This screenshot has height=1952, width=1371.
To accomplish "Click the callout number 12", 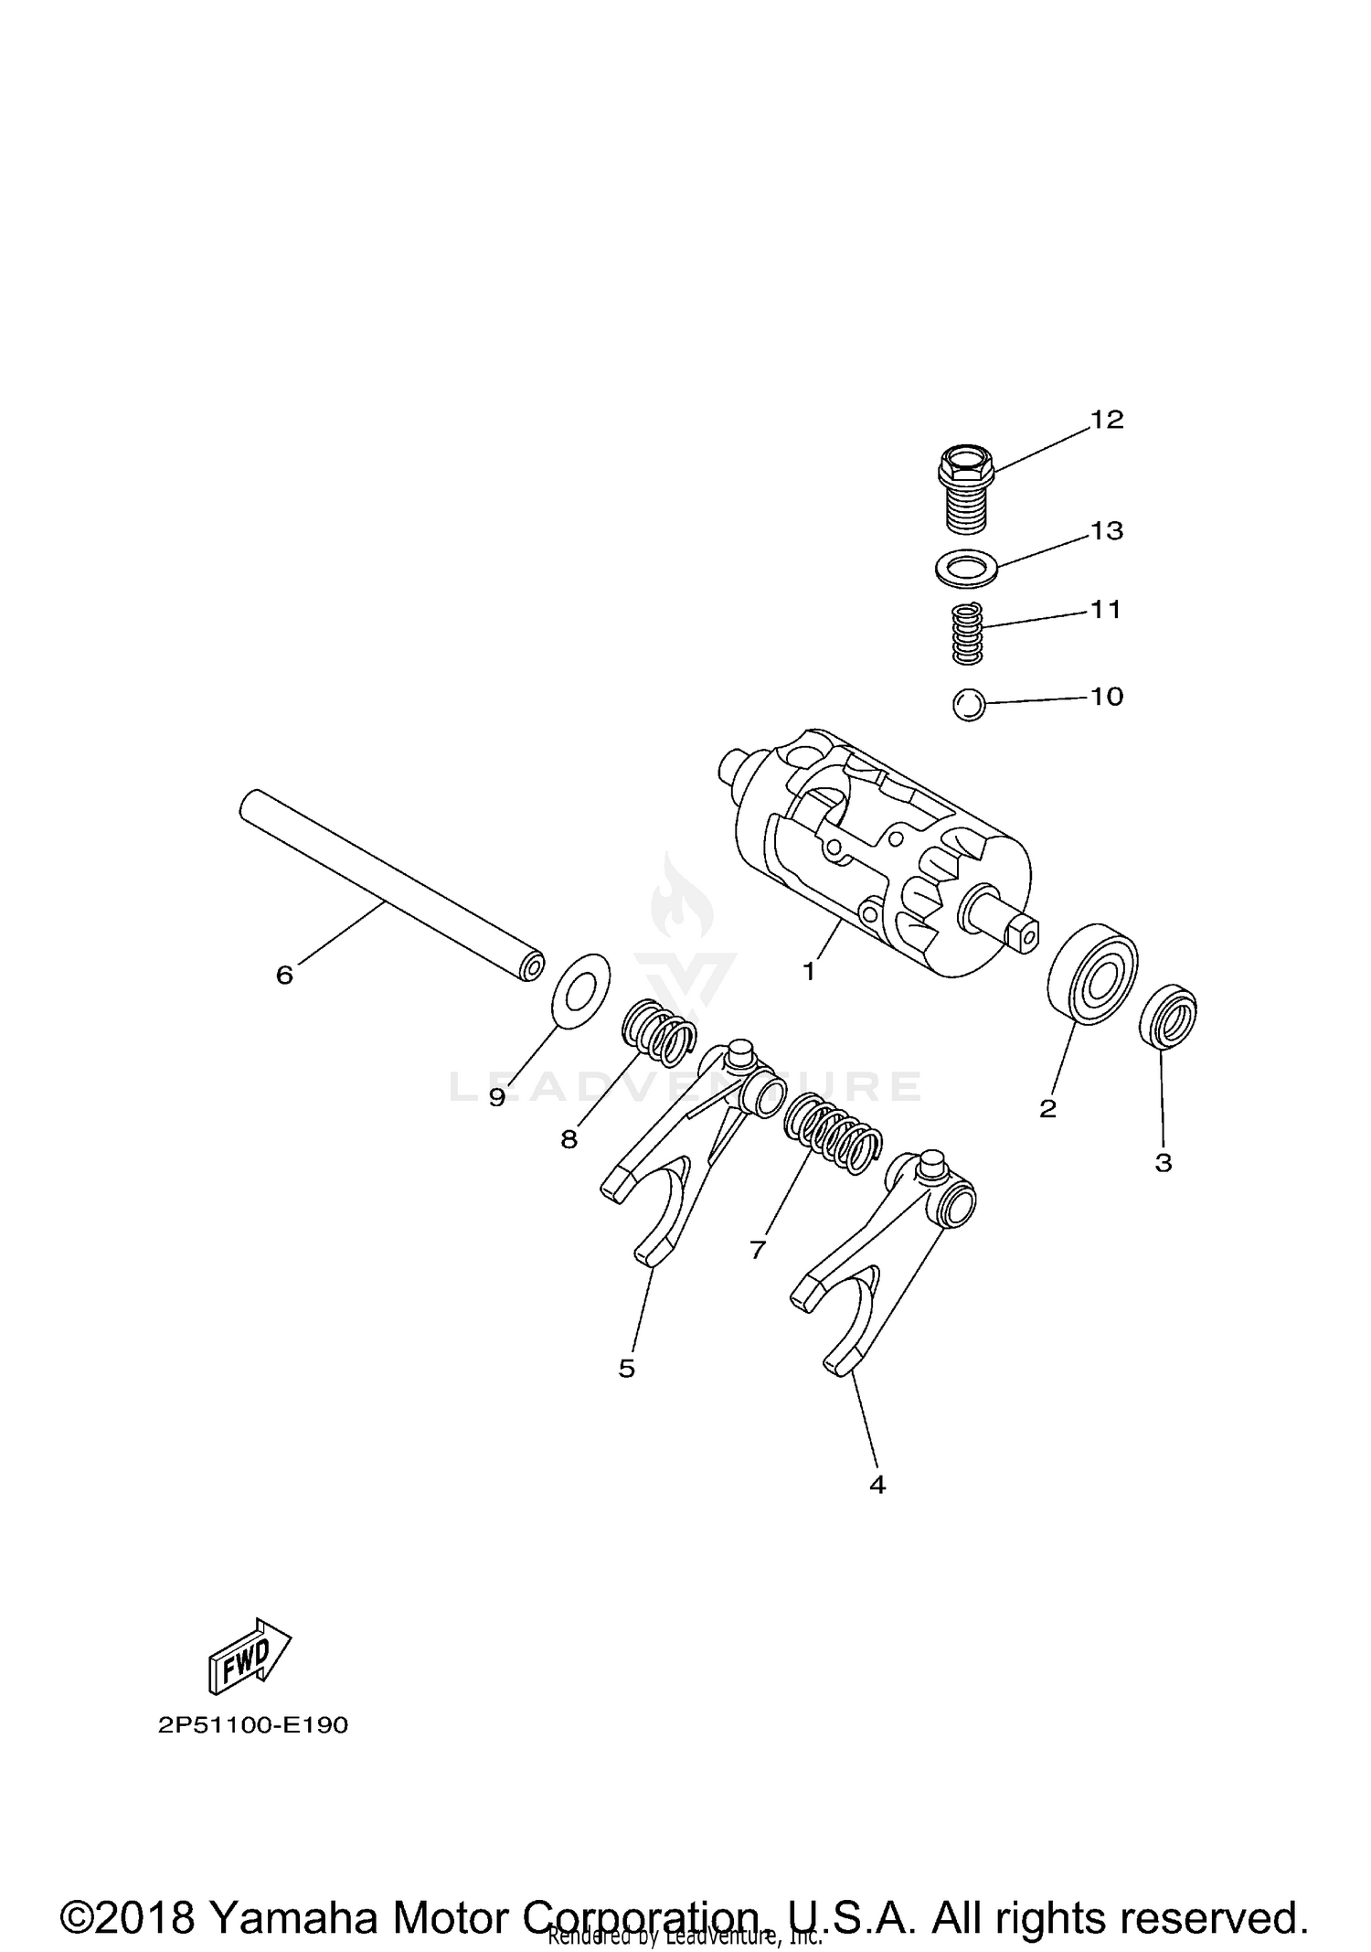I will click(1106, 420).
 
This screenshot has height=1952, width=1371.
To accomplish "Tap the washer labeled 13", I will click(968, 566).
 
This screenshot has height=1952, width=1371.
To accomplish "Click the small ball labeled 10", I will click(968, 705).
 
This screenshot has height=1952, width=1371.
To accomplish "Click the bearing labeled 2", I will click(1091, 976).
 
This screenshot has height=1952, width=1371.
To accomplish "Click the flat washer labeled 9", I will click(583, 988).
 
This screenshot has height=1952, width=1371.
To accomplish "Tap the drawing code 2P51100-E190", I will click(253, 1725).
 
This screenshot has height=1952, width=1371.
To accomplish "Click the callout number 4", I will click(877, 1485).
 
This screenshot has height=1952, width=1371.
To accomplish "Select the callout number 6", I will click(284, 976).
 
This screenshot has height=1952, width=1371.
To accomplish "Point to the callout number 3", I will click(1163, 1163).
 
